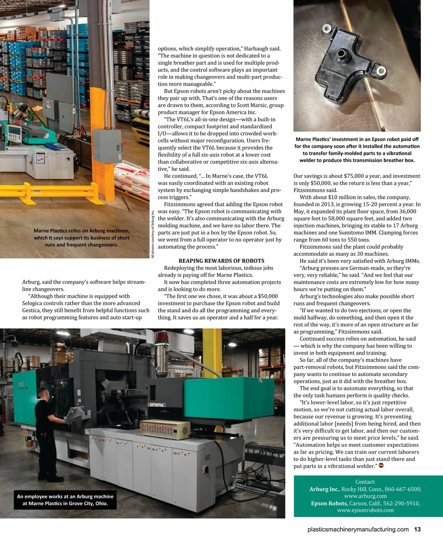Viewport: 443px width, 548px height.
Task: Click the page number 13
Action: click(x=417, y=529)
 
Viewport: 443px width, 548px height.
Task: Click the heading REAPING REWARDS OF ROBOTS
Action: click(x=221, y=261)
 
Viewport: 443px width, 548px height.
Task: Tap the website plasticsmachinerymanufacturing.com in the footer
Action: click(x=358, y=529)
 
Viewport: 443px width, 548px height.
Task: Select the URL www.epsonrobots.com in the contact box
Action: click(x=365, y=510)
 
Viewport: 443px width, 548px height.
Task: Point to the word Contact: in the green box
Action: click(x=365, y=482)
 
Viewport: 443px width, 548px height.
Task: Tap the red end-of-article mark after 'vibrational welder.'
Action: click(x=381, y=466)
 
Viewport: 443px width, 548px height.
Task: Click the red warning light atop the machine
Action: click(x=161, y=339)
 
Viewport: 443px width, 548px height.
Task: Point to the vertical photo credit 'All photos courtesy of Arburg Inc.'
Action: click(x=152, y=234)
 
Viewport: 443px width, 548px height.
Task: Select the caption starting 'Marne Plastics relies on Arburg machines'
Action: click(x=81, y=237)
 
